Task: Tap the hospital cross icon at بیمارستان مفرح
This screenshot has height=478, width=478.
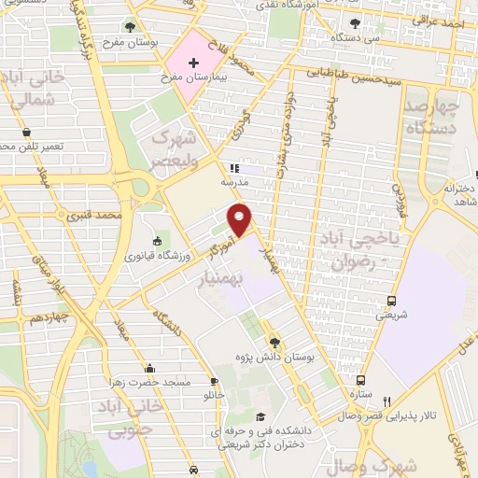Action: pyautogui.click(x=193, y=64)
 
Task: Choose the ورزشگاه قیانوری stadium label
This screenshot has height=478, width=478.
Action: pyautogui.click(x=156, y=254)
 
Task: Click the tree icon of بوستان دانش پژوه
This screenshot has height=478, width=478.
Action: pyautogui.click(x=274, y=342)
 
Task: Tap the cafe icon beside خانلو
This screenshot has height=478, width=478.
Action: pyautogui.click(x=215, y=381)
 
